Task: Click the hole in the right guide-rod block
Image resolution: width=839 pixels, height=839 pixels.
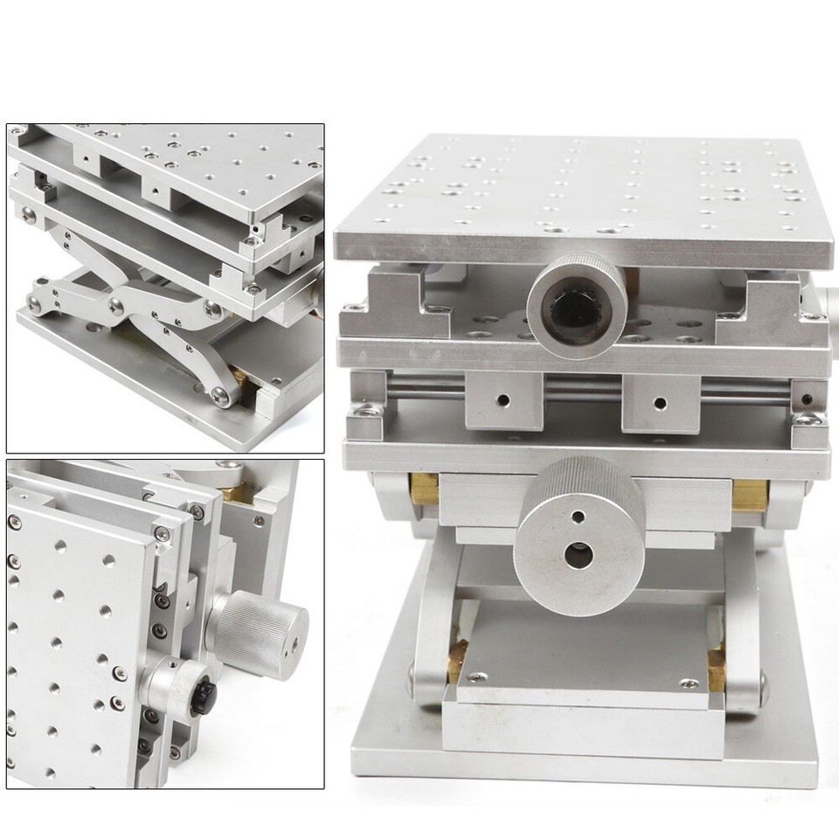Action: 660,404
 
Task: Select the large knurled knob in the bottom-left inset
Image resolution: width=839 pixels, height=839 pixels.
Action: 261,624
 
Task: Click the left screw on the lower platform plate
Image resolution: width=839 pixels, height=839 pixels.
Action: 479,677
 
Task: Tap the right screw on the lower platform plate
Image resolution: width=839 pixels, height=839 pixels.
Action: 690,683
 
